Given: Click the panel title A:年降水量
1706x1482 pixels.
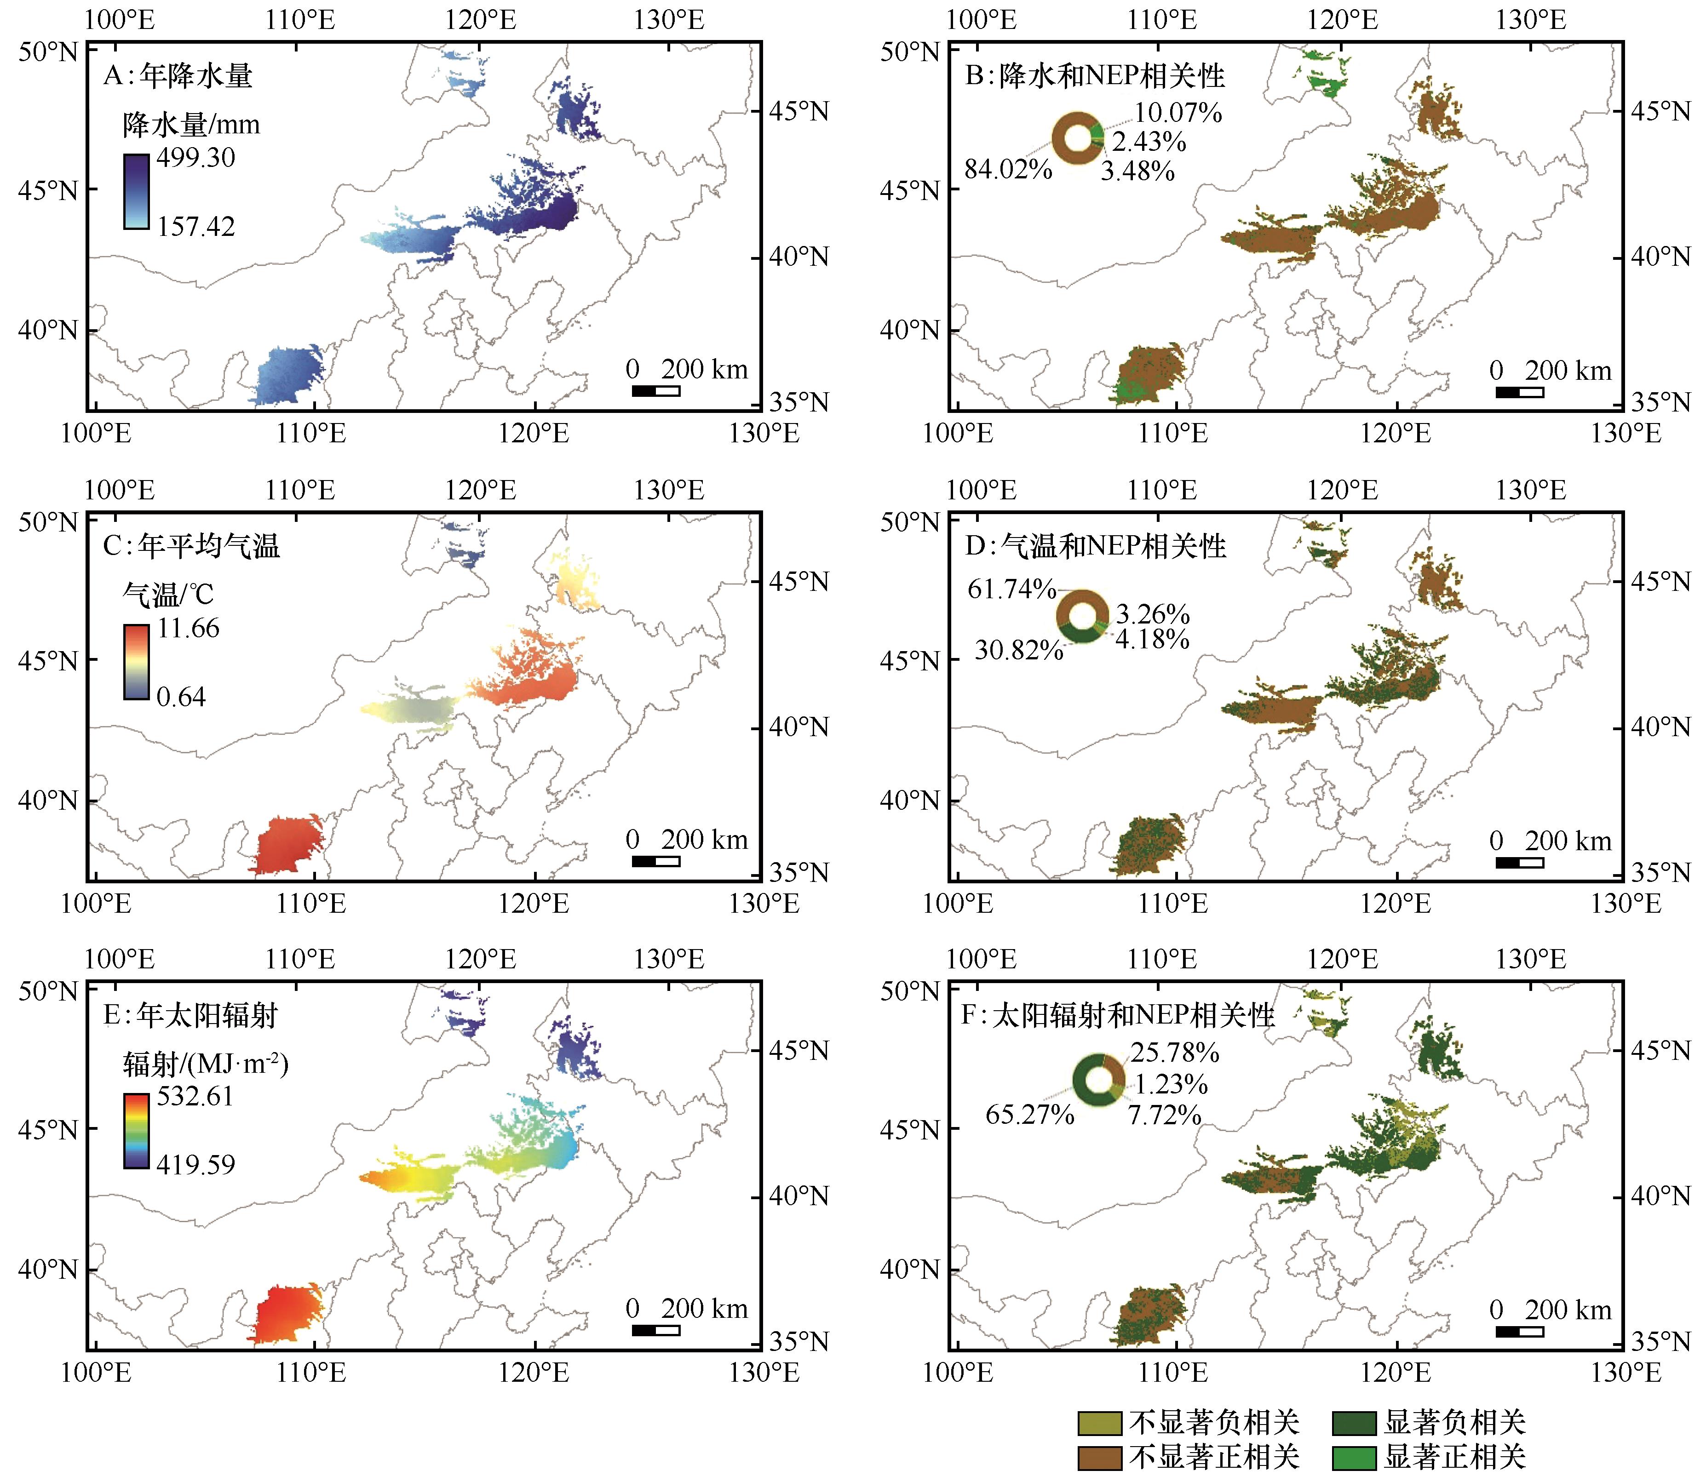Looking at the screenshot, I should click(178, 76).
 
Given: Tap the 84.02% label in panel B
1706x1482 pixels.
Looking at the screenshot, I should click(1008, 170).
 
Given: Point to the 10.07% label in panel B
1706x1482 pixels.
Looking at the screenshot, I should click(1178, 113).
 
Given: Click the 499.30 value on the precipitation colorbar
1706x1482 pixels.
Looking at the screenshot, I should click(196, 157).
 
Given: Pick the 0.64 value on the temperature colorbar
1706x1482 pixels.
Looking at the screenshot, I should click(181, 697).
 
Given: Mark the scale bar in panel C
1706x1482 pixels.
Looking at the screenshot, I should click(656, 861).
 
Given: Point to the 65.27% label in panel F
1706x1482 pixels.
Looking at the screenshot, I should click(1029, 1115).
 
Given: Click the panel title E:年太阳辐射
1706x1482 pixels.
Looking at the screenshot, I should click(190, 1016).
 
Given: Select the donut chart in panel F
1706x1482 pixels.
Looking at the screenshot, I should click(1099, 1080).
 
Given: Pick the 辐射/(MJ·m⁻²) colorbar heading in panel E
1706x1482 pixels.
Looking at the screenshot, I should click(206, 1064).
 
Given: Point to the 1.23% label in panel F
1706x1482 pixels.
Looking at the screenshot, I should click(1171, 1083).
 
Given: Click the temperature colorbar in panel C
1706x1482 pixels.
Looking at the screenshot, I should click(137, 662).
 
